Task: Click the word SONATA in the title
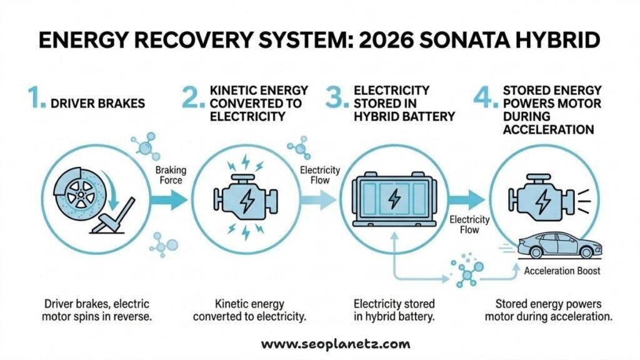tap(464, 41)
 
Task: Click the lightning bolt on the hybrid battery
tap(394, 199)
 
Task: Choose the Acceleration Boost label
tap(562, 271)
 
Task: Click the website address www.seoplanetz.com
tap(335, 343)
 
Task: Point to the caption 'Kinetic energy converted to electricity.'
tap(249, 310)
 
